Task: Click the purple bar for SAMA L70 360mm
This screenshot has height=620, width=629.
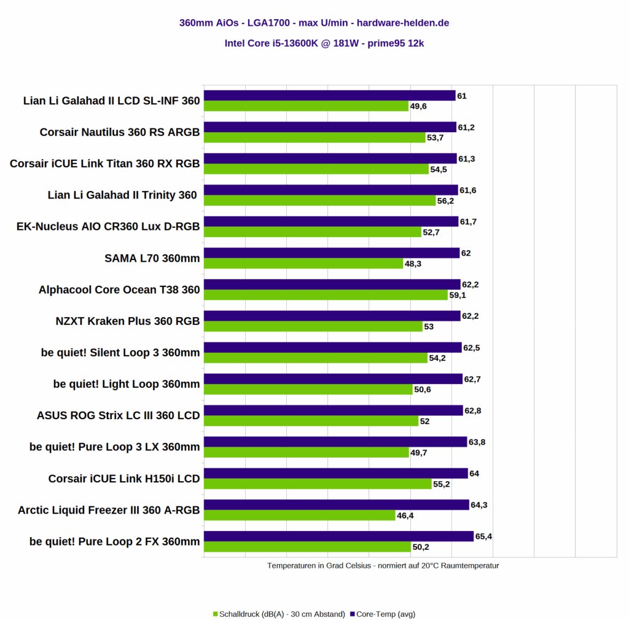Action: pos(332,253)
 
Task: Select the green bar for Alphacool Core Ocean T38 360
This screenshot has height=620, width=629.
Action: pos(326,295)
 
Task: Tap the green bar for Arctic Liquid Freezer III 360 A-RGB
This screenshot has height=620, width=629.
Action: pos(299,516)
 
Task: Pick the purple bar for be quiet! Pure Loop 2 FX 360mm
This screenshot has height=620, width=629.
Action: pos(338,536)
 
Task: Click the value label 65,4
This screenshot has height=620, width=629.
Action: pos(484,536)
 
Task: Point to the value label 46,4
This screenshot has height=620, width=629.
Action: pos(405,516)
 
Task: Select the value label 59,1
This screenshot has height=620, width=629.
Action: pos(458,295)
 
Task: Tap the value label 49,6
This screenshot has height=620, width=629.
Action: pos(418,106)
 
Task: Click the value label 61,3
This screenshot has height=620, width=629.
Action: pos(467,159)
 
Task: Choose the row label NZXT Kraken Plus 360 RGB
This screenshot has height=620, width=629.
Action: pos(128,321)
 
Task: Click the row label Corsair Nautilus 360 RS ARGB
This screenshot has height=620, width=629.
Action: pos(120,132)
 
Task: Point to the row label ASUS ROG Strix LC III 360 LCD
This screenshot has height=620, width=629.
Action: pos(119,416)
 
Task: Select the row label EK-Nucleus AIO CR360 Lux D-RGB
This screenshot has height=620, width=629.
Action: pos(108,227)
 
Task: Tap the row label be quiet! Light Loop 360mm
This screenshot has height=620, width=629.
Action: pos(127,385)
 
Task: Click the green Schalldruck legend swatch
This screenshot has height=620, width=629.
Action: pos(215,614)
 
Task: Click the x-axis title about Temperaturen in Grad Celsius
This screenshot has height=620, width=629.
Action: pos(383,565)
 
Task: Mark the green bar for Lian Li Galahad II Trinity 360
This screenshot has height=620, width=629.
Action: pos(319,200)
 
